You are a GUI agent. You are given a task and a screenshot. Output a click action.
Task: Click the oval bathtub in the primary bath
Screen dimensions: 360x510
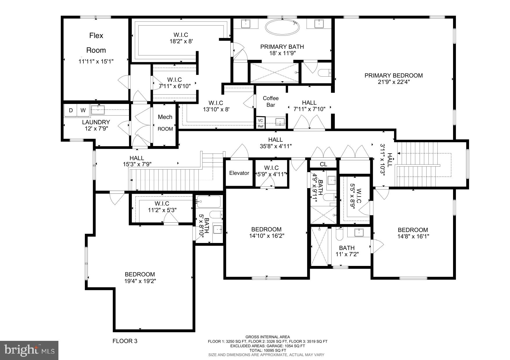click(x=282, y=27)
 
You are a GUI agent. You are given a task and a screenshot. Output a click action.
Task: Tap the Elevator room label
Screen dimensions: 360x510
click(x=239, y=173)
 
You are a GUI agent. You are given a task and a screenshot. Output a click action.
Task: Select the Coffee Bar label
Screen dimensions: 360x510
click(x=271, y=102)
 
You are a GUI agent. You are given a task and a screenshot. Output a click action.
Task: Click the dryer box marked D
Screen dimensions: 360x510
click(x=71, y=110)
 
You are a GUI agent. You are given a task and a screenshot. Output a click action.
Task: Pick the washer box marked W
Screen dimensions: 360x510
click(x=83, y=110)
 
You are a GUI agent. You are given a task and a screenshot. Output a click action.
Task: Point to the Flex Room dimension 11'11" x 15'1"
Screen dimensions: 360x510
click(x=96, y=61)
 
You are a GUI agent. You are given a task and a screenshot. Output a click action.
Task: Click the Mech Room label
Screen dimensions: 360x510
click(x=165, y=123)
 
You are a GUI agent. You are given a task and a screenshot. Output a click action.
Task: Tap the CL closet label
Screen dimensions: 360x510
click(x=323, y=164)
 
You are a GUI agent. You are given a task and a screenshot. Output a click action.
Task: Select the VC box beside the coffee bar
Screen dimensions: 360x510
click(x=260, y=120)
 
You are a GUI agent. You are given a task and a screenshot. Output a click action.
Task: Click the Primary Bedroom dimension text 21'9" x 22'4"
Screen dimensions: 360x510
click(x=393, y=82)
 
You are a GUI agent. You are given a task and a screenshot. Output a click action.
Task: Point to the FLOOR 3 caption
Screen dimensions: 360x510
click(x=125, y=341)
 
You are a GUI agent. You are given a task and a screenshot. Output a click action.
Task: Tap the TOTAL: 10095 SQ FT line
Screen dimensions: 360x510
click(x=267, y=350)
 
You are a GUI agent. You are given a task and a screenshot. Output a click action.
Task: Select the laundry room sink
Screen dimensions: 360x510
click(x=98, y=110)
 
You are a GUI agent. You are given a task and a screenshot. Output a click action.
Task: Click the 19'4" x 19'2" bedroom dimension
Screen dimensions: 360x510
click(x=140, y=281)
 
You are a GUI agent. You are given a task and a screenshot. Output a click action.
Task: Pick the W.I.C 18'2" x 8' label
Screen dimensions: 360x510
click(x=181, y=42)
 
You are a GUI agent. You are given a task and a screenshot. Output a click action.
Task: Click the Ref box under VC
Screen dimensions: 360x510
click(x=260, y=126)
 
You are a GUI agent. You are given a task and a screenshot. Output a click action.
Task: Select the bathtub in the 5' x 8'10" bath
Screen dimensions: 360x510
click(x=209, y=201)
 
